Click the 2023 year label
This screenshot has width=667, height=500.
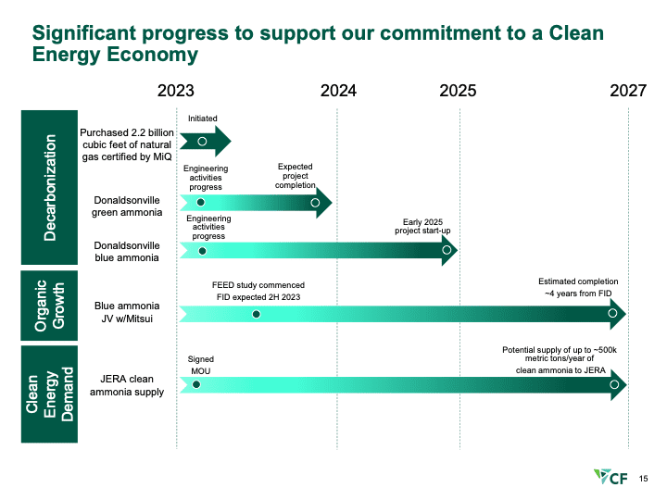(x=176, y=91)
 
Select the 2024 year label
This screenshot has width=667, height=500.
(x=339, y=91)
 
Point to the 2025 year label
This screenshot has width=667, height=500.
(x=458, y=91)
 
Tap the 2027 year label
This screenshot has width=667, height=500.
(x=628, y=91)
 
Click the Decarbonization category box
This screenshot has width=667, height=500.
(x=49, y=187)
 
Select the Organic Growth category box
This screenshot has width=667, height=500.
(x=49, y=306)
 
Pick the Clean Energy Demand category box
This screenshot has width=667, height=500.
(x=49, y=394)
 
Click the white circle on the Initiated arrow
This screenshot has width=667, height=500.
(x=203, y=141)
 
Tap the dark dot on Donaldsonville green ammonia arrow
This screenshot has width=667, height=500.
(x=201, y=203)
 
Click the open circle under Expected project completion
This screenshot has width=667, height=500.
(x=315, y=203)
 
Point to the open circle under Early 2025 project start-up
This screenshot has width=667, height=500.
(x=447, y=250)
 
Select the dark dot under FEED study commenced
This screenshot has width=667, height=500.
(x=256, y=314)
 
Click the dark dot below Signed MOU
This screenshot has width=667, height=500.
(x=196, y=385)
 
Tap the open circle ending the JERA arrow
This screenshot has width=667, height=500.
(x=614, y=385)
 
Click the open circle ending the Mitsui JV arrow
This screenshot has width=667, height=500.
(x=612, y=313)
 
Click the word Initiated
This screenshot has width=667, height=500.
(x=203, y=119)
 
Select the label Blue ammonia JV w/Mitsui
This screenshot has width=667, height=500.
(x=127, y=312)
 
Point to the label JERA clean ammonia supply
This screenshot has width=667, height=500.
(x=127, y=385)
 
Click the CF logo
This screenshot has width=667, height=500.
(x=610, y=477)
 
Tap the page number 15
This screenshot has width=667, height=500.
(x=643, y=479)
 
